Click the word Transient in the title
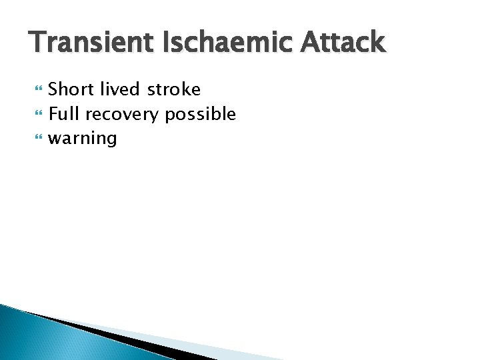[x=89, y=43]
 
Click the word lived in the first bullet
[x=119, y=89]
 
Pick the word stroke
[x=175, y=89]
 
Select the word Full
[x=64, y=114]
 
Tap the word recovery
[x=122, y=115]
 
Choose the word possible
[x=201, y=114]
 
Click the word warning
[x=83, y=139]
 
